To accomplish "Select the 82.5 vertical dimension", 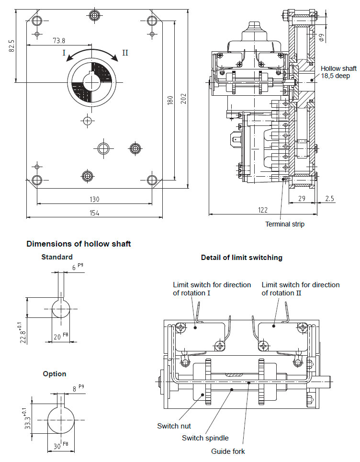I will point(12,46).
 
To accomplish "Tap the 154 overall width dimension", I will point(94,213).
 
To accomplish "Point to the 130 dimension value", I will point(94,199).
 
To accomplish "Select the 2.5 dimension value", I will point(330,198).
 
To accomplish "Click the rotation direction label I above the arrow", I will point(64,53).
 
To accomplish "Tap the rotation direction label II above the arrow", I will point(125,52).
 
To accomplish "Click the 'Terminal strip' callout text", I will point(285,224).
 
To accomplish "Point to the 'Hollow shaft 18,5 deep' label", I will point(338,72).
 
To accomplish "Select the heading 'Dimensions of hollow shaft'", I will point(79,244).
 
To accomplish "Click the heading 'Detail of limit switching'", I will point(241,258).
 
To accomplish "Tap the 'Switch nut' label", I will point(174,426).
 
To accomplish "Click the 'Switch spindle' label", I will point(205,438).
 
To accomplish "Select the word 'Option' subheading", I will point(55,373).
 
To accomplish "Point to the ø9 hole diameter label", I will point(322,35).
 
